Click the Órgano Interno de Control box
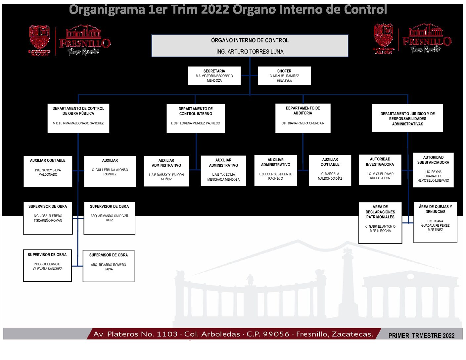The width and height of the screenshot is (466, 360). coord(250,46)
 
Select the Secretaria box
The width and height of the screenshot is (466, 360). coord(214,76)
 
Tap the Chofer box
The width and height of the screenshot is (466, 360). coord(284,76)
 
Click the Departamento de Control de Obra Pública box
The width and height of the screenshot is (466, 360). coord(78,118)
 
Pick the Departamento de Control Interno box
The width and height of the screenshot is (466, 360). coord(195,118)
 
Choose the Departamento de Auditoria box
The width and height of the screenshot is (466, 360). coord(303,118)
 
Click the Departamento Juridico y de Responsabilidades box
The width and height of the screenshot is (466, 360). coord(407,118)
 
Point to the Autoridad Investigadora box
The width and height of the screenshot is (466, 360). coord(380,169)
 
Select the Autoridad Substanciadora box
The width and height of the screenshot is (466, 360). coord(433,170)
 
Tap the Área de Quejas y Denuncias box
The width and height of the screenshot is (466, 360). coord(435,222)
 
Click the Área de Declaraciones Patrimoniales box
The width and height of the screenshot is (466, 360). coord(380,223)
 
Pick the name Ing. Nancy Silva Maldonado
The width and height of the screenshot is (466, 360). coord(48,172)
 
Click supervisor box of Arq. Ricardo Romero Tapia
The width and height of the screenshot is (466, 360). coord(109,266)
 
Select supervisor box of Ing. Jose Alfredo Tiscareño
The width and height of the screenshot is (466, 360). coord(48,218)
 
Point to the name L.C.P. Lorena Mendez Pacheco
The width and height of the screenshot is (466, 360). coord(195,123)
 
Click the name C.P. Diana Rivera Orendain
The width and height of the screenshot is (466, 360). coord(303,123)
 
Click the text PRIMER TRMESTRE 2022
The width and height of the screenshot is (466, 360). coord(421,336)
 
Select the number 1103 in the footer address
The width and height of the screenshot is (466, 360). coord(167,334)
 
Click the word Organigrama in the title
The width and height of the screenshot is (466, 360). coord(107,10)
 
